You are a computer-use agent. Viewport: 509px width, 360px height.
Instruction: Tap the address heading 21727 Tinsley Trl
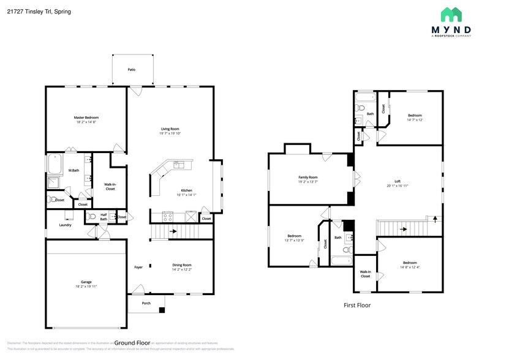click(36, 11)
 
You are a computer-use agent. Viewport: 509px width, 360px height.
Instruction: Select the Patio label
click(131, 70)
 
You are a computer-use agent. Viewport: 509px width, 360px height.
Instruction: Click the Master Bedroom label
click(86, 118)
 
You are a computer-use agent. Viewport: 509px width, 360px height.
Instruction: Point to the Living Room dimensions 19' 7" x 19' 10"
click(170, 133)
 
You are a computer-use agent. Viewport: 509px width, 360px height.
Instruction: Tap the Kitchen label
click(186, 190)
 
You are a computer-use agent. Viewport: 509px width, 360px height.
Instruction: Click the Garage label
click(86, 282)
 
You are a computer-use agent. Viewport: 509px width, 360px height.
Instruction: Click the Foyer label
click(138, 268)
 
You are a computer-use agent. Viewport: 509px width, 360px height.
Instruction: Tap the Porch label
click(146, 303)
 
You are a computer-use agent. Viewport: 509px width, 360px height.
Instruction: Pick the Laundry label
click(65, 225)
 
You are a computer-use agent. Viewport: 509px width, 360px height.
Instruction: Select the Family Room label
click(307, 177)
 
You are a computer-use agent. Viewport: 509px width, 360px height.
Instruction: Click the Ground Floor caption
click(132, 343)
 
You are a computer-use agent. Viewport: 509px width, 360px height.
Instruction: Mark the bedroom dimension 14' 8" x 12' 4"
click(409, 266)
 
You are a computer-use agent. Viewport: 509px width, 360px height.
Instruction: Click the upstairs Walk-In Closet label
click(365, 274)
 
